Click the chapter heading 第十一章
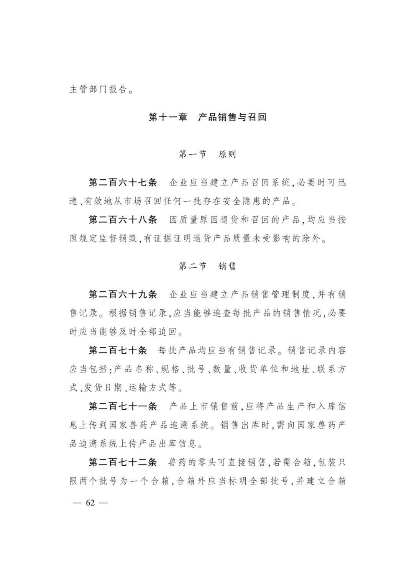168,117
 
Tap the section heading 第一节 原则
207,154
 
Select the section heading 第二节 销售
207,266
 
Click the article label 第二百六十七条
123,183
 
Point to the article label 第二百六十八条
123,220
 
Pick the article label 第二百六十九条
123,295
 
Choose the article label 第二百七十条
118,350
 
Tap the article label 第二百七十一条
123,406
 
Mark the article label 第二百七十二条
123,462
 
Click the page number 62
90,502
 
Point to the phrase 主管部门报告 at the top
99,90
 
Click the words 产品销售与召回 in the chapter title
232,117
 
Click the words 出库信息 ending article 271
182,444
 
